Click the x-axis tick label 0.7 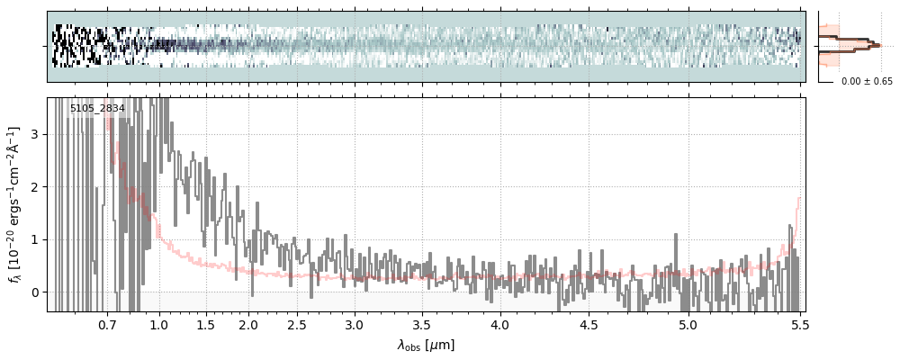[107, 325]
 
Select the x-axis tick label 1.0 [159, 325]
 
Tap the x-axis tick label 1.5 [205, 325]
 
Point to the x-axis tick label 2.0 [248, 325]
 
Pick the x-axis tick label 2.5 [297, 325]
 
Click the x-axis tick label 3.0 [355, 325]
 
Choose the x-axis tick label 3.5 [422, 325]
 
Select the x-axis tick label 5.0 [688, 325]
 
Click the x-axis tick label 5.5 [799, 325]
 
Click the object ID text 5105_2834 [97, 109]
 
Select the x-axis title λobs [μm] [426, 345]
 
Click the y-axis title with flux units [14, 205]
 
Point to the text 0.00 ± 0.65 [867, 81]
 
